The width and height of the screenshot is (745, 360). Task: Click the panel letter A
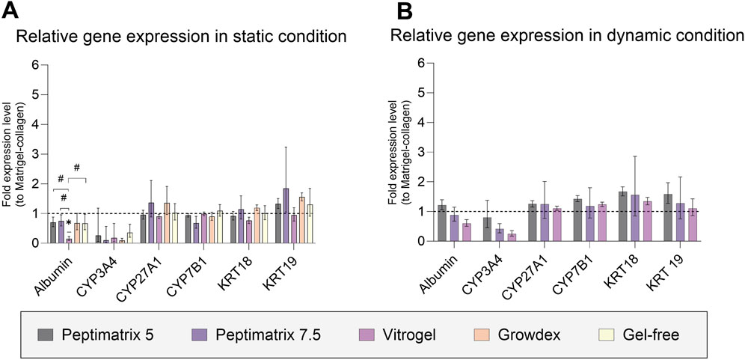tap(10, 9)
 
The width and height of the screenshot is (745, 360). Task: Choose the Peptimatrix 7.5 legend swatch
tap(200, 335)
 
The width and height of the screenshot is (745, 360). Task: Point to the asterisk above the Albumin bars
tap(69, 223)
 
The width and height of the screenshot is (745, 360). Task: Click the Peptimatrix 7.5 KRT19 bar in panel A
tap(286, 216)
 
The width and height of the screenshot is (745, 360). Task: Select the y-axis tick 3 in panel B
tap(419, 152)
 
